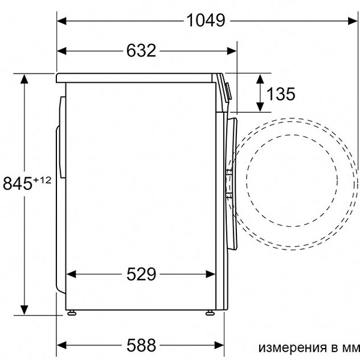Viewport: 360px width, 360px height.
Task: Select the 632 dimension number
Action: (x=142, y=50)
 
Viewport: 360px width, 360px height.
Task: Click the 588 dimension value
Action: (x=142, y=345)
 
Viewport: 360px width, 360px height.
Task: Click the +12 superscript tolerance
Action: (x=42, y=179)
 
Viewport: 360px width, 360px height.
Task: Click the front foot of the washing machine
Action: (x=211, y=312)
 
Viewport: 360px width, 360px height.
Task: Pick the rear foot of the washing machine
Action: (x=72, y=312)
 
